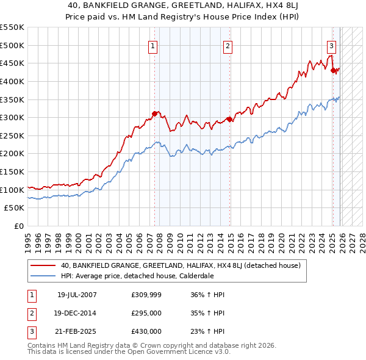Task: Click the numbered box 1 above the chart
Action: [152, 45]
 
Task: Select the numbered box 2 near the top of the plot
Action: [228, 45]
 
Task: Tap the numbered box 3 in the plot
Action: [331, 45]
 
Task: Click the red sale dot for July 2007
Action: [155, 113]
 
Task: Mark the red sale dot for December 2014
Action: [229, 119]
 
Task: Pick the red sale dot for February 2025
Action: [334, 70]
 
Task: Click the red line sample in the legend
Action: [43, 265]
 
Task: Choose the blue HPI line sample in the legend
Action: [43, 275]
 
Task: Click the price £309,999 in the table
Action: [146, 295]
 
